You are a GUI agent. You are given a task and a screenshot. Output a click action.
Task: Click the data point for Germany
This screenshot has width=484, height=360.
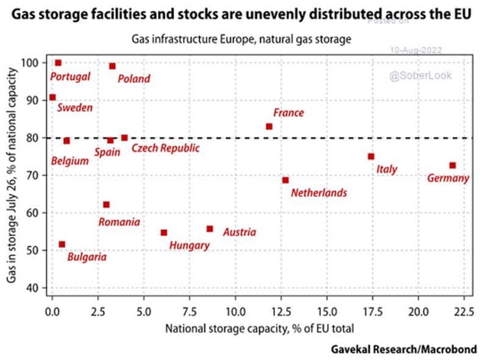coord(452,166)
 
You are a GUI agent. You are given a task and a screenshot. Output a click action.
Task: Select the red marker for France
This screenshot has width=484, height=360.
coord(269,126)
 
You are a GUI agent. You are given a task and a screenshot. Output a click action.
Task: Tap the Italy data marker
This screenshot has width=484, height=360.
coord(371,157)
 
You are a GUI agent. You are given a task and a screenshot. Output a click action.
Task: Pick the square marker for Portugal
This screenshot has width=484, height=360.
coord(58,63)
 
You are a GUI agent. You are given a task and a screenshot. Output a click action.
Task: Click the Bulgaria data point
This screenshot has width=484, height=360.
coord(62,244)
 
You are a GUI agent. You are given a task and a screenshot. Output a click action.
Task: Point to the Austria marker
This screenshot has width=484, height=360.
coord(210,229)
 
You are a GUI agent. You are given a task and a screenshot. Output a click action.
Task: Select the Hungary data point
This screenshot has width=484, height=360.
coord(164,233)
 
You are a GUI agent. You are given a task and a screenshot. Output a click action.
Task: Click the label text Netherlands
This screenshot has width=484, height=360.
coord(319,193)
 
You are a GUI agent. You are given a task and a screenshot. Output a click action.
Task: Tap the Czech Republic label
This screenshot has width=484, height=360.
coord(165,148)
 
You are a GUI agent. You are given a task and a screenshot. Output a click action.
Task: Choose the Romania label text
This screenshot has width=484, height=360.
coord(119,222)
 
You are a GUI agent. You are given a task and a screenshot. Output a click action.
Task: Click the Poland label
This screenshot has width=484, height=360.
coord(133,79)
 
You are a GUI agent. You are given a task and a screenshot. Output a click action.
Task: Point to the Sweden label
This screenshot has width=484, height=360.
coord(75,108)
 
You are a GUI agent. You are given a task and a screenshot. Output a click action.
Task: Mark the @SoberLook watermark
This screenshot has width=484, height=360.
coord(420,75)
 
